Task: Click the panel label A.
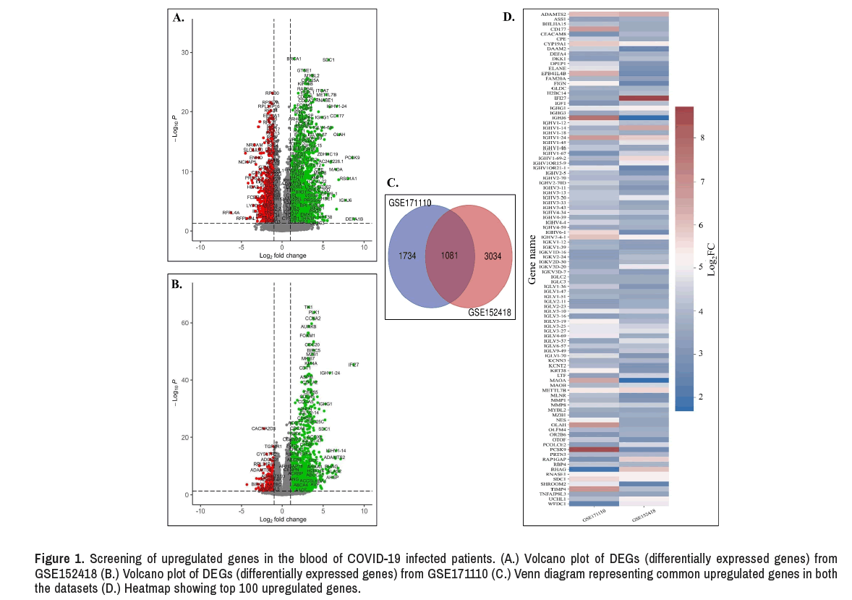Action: (x=178, y=19)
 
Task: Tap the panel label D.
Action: (x=508, y=17)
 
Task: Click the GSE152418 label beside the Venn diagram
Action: (x=490, y=312)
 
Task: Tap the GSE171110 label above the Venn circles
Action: (x=411, y=203)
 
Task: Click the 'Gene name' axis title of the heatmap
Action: (x=532, y=258)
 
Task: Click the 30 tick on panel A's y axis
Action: (x=185, y=53)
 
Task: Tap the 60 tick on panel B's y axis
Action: (x=185, y=323)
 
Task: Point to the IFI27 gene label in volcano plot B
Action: (x=354, y=365)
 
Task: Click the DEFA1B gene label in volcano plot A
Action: (x=354, y=219)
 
